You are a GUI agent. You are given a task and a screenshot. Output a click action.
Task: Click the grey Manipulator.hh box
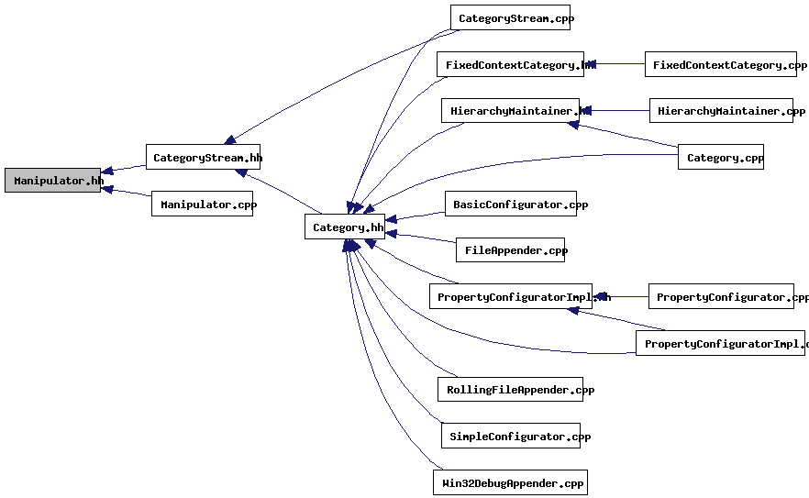point(52,181)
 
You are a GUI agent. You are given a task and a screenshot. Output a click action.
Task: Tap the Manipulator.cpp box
point(203,204)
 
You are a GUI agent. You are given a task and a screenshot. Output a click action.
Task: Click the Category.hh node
point(344,227)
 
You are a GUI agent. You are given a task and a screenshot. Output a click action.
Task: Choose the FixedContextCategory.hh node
point(510,64)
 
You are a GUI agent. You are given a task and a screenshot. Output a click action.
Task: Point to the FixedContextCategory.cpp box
point(721,64)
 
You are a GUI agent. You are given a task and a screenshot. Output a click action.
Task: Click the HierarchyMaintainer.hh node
point(510,111)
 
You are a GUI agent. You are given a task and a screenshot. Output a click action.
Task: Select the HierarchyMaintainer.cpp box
point(721,111)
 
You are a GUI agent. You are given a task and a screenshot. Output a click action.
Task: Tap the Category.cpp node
point(721,157)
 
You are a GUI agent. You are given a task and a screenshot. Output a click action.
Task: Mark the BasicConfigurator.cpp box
point(510,204)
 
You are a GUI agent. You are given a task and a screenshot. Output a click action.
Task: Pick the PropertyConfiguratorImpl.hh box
point(511,296)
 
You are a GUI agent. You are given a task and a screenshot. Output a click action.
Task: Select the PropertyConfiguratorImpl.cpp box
point(720,343)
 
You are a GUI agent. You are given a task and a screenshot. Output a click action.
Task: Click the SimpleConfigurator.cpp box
point(510,436)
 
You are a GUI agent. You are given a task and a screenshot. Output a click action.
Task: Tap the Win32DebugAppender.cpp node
point(510,482)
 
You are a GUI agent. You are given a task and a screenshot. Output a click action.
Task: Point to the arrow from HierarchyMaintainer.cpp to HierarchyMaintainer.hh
point(616,111)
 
